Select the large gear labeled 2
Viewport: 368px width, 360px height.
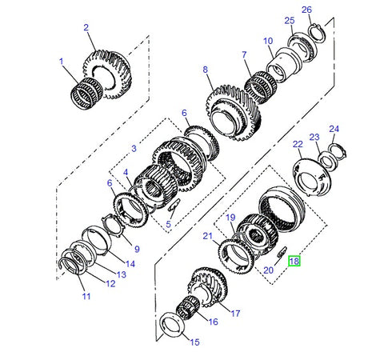point(109,58)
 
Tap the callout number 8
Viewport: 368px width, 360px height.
point(206,70)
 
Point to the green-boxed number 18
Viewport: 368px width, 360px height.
point(294,261)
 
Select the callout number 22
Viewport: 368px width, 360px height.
point(298,144)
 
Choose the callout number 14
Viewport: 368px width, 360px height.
point(130,263)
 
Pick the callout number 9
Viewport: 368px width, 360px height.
point(136,248)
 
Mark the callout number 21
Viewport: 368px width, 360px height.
point(207,236)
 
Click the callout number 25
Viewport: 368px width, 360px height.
point(289,20)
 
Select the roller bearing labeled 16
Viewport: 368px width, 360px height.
point(190,307)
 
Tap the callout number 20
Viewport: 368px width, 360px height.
point(268,270)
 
